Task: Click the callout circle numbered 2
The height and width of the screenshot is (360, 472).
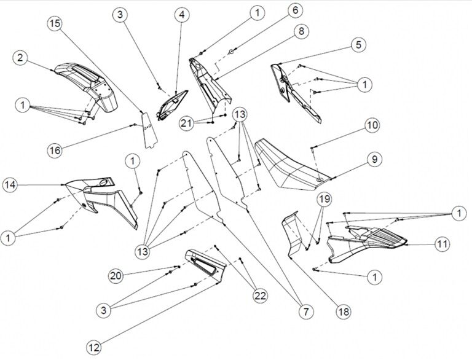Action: click(x=21, y=58)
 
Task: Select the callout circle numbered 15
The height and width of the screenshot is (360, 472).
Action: click(x=55, y=23)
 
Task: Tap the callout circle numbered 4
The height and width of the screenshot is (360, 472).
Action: click(x=181, y=14)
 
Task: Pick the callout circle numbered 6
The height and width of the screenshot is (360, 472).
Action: click(x=296, y=10)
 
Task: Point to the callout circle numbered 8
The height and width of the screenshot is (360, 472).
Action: click(x=301, y=32)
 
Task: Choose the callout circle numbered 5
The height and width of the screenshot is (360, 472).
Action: click(x=358, y=44)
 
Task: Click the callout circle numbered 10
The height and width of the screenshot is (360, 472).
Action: click(x=372, y=125)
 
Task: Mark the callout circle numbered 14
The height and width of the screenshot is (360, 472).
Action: click(x=10, y=184)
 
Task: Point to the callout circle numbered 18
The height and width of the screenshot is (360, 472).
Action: click(x=343, y=311)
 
